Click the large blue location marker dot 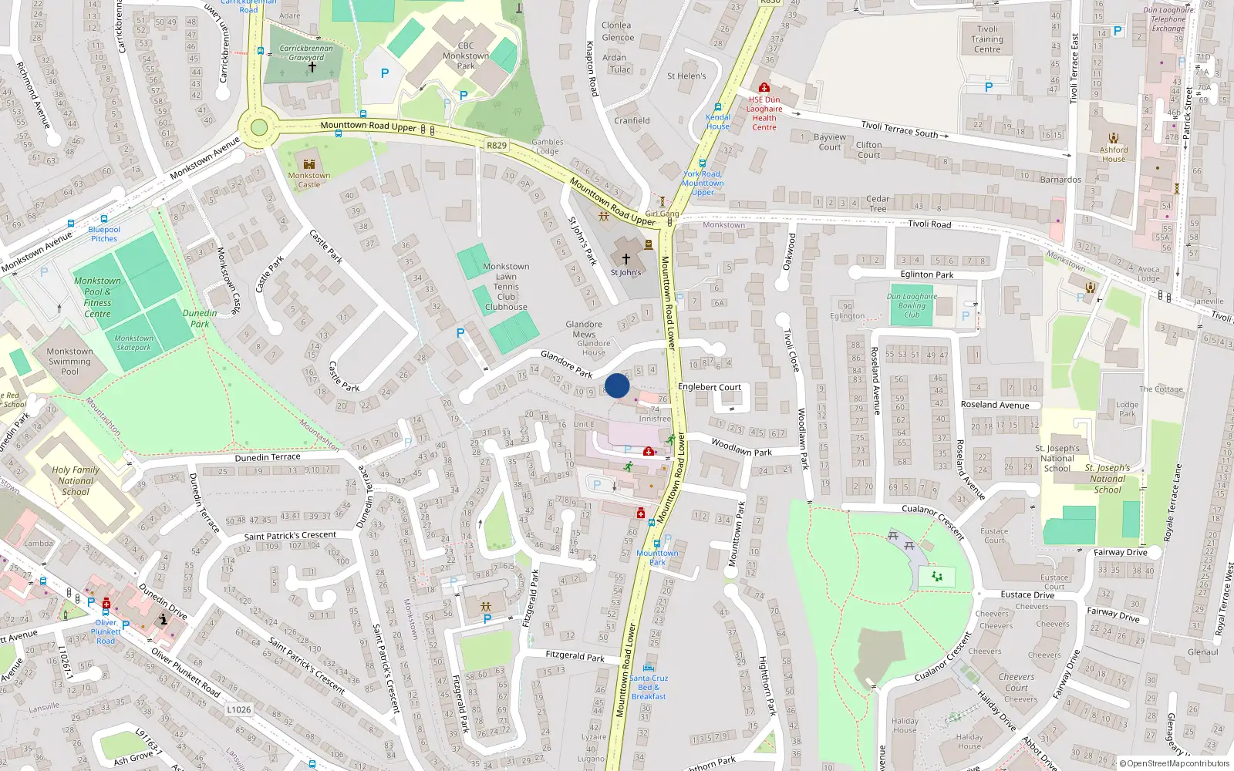[x=617, y=385]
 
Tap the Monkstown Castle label [x=309, y=180]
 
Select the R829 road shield [x=497, y=145]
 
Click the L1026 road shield [x=239, y=709]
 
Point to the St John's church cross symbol [x=626, y=258]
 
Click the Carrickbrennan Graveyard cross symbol [x=312, y=67]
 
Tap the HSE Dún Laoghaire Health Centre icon [x=764, y=88]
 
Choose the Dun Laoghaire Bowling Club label [x=912, y=305]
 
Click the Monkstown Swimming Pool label [x=69, y=361]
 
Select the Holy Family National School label [x=76, y=480]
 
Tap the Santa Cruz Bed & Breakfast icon [x=649, y=667]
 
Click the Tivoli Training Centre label [x=987, y=39]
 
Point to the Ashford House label [x=1114, y=154]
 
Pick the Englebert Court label [x=709, y=387]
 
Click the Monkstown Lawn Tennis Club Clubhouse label [x=506, y=287]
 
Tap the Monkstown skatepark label [x=134, y=342]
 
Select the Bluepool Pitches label [x=104, y=234]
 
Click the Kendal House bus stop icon [x=718, y=108]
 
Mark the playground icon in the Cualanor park [x=937, y=576]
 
